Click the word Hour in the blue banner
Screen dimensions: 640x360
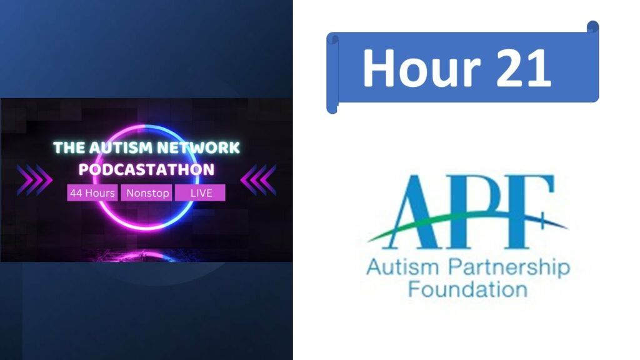click(421, 67)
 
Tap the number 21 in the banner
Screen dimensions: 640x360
click(524, 67)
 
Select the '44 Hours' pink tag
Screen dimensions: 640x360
click(92, 192)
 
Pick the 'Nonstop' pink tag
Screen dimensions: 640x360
click(147, 192)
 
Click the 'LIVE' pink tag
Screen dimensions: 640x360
click(201, 192)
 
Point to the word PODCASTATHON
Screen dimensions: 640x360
click(146, 169)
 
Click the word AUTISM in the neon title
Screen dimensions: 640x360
click(121, 147)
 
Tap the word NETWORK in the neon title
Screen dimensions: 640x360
click(198, 147)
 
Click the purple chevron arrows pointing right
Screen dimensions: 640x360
click(34, 180)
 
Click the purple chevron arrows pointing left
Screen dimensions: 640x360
click(258, 180)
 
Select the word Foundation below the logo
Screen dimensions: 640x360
click(467, 289)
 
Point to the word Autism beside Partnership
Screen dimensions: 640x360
click(402, 267)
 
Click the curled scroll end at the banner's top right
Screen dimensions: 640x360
click(593, 27)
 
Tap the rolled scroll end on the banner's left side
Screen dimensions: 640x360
click(332, 74)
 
